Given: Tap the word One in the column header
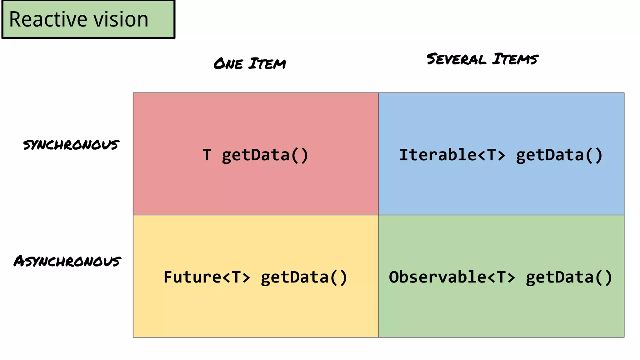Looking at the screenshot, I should pos(228,64).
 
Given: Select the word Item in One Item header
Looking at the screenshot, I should pos(267,63).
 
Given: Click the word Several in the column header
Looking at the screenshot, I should pos(456,59).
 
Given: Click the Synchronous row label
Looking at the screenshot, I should pos(71,145).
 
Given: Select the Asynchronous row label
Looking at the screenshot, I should pos(67,261).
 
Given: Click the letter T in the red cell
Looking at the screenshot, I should pos(207,155).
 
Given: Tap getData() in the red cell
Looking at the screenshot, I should pos(265,155).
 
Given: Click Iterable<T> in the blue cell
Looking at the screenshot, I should pos(452,155).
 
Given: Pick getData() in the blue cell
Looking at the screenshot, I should pos(559,155).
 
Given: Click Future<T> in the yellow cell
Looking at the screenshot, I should pos(207,277).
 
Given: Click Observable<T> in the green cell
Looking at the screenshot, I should pos(452,277).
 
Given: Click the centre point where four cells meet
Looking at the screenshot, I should pos(379,215).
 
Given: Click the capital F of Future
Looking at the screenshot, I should pos(168,277).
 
